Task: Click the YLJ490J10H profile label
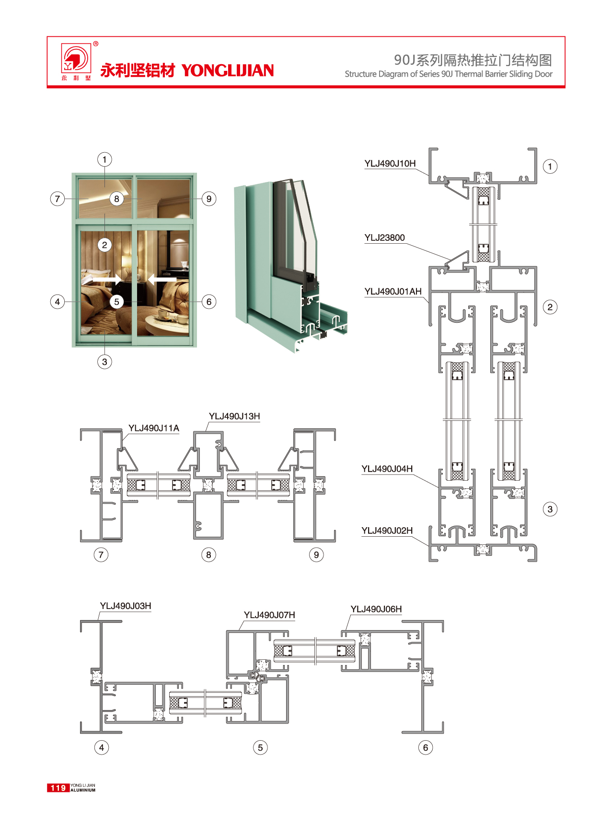point(390,164)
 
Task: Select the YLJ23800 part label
point(384,238)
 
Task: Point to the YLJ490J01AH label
point(393,292)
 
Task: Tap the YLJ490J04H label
point(387,469)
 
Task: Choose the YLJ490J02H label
point(387,531)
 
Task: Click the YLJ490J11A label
point(153,428)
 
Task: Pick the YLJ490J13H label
point(234,416)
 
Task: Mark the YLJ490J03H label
point(126,606)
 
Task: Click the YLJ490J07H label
point(269,615)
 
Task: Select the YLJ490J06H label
point(376,609)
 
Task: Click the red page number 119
point(58,788)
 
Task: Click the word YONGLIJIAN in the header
point(228,71)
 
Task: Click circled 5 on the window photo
point(116,302)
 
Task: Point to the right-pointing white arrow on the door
point(106,278)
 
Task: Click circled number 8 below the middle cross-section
point(208,555)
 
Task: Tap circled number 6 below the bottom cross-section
point(425,747)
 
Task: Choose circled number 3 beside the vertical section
point(550,509)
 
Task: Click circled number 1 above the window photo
point(104,159)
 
